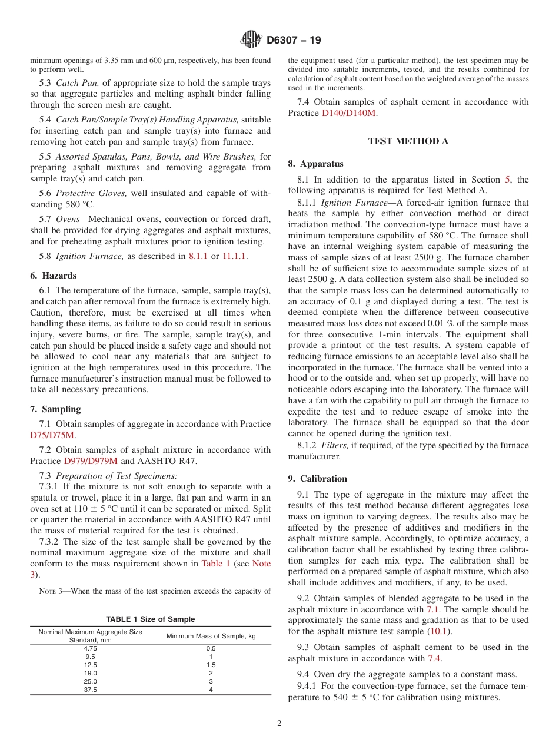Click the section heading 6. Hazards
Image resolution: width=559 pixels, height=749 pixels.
pyautogui.click(x=53, y=276)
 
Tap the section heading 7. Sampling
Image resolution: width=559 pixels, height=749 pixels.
pyautogui.click(x=55, y=409)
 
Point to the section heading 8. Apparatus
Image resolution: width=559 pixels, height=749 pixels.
pyautogui.click(x=315, y=164)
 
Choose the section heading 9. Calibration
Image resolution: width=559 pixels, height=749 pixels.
pyautogui.click(x=317, y=479)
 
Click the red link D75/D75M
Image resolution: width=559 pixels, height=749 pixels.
pyautogui.click(x=52, y=435)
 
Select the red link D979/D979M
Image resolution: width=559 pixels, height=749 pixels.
pyautogui.click(x=91, y=461)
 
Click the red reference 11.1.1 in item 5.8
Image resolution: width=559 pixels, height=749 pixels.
pyautogui.click(x=235, y=256)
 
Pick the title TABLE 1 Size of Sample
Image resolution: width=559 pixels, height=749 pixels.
pyautogui.click(x=150, y=619)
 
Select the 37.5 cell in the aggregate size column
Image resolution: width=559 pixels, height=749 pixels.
pyautogui.click(x=91, y=690)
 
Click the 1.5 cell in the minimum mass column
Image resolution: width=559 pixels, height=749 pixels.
pyautogui.click(x=211, y=665)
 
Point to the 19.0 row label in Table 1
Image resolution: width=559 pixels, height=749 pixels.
pyautogui.click(x=91, y=673)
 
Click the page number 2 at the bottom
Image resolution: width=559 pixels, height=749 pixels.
pyautogui.click(x=279, y=724)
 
